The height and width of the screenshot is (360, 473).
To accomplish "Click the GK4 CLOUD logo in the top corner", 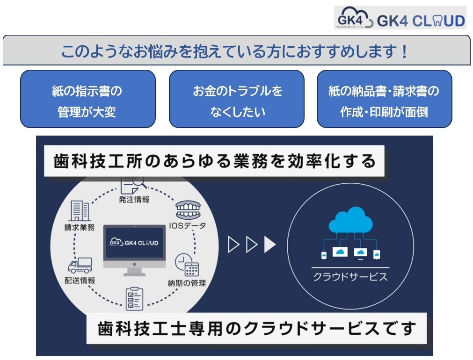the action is pos(400,18).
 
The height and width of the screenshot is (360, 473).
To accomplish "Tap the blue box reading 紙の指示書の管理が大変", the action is pos(87,99).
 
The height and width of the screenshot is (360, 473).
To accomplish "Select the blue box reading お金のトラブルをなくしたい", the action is pos(236,99).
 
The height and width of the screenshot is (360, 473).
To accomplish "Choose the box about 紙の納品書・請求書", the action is pos(384,99).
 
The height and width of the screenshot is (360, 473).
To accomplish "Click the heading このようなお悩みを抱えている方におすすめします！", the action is pos(236,50).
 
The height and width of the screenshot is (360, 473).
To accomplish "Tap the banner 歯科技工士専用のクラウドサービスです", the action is pos(257,328).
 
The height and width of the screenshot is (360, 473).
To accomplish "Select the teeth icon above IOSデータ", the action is pos(187,210).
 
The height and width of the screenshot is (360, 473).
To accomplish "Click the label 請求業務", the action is pos(80,228).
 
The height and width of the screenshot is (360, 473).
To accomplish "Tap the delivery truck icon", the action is pos(80,265).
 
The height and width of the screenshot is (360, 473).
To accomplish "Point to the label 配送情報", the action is pos(80,281).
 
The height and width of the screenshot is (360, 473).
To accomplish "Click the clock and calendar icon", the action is pos(187,265).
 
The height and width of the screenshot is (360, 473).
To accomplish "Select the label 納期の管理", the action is pos(187,283).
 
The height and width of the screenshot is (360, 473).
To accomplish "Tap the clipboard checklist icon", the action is pos(134,298).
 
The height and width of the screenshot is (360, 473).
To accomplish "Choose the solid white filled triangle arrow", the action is pos(270,245).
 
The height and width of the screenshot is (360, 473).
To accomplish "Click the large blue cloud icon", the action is pos(350,220).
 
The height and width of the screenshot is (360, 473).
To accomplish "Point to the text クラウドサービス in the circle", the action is pos(350,276).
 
